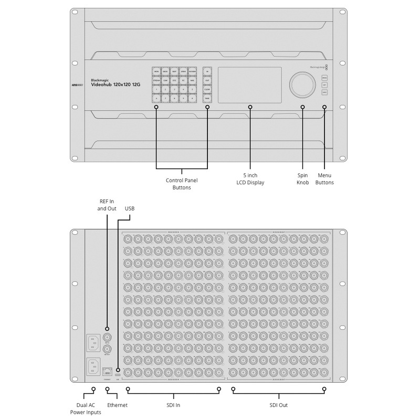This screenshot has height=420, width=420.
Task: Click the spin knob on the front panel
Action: pyautogui.click(x=302, y=85)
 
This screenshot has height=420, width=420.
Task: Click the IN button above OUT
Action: pyautogui.click(x=207, y=71)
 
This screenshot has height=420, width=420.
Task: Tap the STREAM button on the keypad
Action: pyautogui.click(x=156, y=80)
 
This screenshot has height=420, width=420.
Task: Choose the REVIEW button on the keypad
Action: pyautogui.click(x=193, y=71)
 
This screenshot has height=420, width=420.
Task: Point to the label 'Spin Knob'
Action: pyautogui.click(x=302, y=178)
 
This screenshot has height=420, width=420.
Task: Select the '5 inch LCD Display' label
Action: pyautogui.click(x=250, y=178)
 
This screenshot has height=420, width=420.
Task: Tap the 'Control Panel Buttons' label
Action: pyautogui.click(x=182, y=184)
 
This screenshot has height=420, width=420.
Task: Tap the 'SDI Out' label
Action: pyautogui.click(x=279, y=405)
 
